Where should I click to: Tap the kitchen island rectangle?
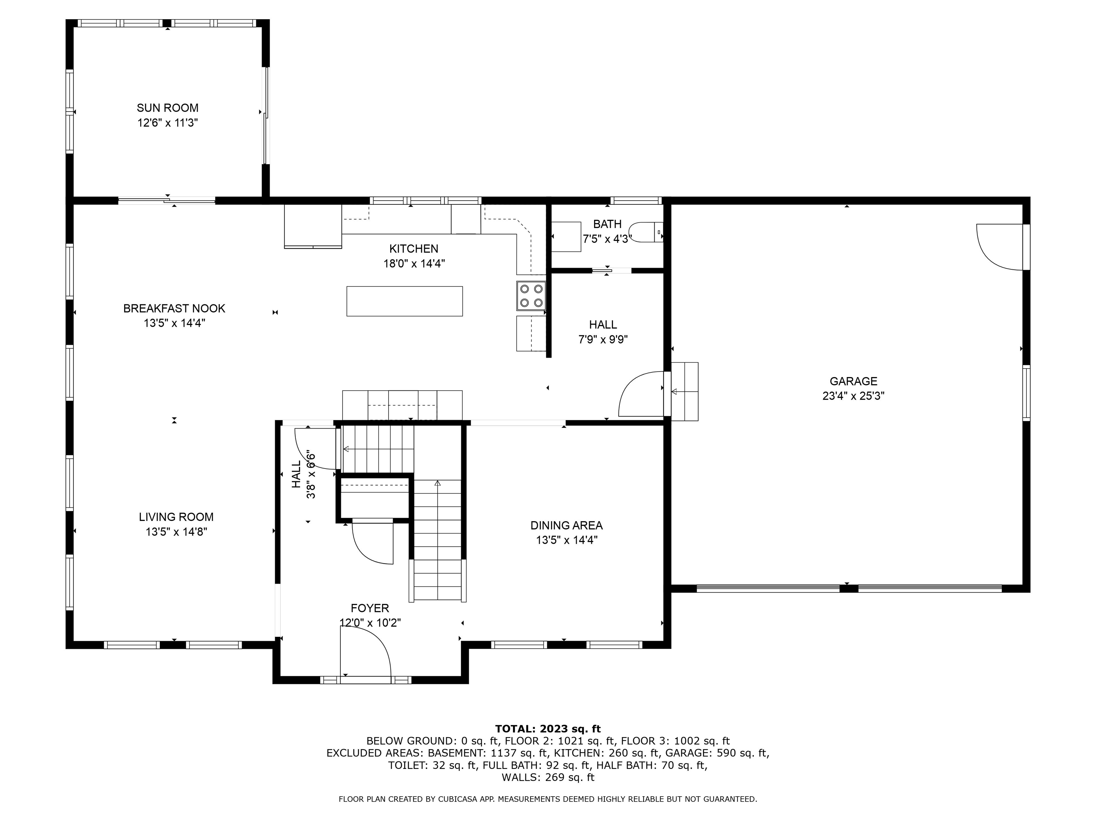(x=404, y=301)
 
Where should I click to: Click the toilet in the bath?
(x=644, y=232)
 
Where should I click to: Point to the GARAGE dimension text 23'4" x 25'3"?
(x=853, y=396)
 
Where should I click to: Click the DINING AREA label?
(x=566, y=525)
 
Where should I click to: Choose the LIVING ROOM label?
(x=176, y=517)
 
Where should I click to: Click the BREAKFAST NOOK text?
(x=174, y=308)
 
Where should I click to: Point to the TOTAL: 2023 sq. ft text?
(x=548, y=729)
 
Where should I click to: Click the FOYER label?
(x=370, y=608)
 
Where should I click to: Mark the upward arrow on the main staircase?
(x=437, y=483)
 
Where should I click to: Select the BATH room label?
(x=607, y=224)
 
